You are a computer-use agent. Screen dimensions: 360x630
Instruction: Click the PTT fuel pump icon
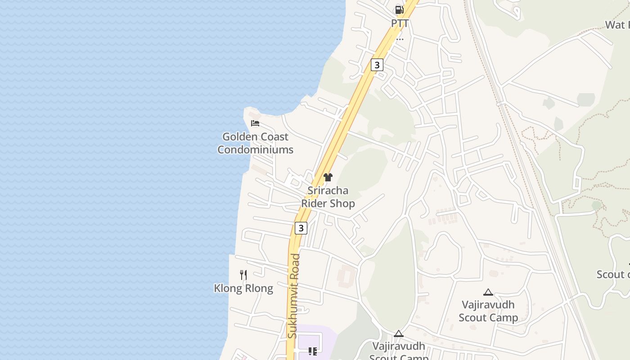tap(399, 9)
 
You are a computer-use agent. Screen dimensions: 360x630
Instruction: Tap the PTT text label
tap(400, 23)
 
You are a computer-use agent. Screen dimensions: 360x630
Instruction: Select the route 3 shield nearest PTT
tap(377, 65)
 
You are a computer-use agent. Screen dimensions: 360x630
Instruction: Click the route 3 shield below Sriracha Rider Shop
tap(301, 228)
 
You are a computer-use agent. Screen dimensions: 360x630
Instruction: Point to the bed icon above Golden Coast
tap(255, 123)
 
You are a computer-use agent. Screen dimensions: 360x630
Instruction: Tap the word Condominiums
tap(255, 149)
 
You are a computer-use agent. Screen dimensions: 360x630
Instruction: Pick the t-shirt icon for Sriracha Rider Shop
tap(328, 177)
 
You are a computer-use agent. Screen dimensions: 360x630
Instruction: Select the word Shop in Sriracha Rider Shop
tap(342, 203)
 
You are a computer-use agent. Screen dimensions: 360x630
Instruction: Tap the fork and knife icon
tap(243, 275)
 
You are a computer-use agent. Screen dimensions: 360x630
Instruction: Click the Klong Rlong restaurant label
tap(243, 288)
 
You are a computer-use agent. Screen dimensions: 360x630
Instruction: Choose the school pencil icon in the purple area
tap(313, 351)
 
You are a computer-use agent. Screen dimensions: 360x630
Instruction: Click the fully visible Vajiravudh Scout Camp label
tap(488, 311)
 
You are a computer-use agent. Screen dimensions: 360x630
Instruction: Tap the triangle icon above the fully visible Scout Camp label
tap(488, 292)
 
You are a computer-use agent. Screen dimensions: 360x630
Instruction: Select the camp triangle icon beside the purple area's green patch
tap(398, 334)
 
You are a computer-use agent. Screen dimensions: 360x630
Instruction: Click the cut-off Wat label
tap(617, 25)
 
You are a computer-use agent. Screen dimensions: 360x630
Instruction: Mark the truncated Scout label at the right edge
tap(613, 274)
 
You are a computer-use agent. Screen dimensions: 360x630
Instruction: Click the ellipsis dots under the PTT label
tap(400, 39)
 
